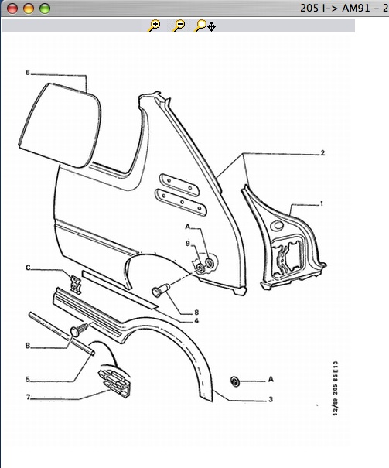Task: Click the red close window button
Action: point(12,9)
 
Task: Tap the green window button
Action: point(45,9)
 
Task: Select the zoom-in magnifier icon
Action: point(154,26)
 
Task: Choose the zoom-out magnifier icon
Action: point(179,26)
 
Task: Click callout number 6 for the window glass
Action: point(27,73)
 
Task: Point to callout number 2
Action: point(322,153)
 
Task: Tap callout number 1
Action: point(322,203)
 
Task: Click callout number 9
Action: point(188,243)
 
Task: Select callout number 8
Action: point(196,313)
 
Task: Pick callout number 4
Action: point(196,321)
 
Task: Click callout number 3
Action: point(271,399)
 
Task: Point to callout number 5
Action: point(27,379)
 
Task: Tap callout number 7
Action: point(28,398)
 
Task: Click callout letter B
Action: point(27,346)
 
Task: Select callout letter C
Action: point(28,268)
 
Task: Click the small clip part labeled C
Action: point(76,284)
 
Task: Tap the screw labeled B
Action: point(79,330)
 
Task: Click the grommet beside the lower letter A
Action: point(235,381)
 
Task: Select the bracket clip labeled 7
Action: point(115,383)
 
